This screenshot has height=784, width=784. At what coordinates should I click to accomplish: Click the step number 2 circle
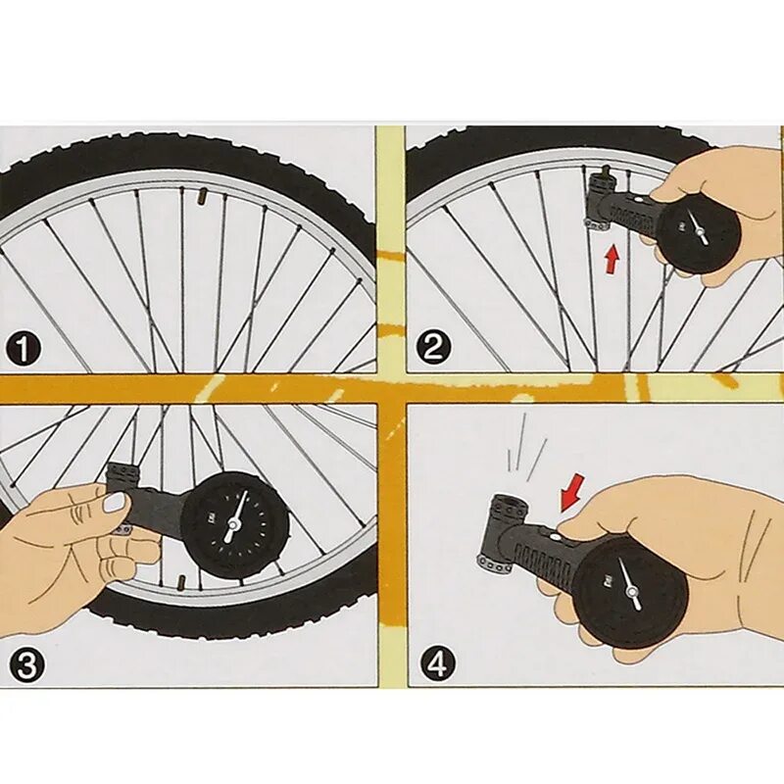point(433,347)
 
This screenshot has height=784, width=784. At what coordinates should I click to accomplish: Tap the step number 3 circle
point(27,665)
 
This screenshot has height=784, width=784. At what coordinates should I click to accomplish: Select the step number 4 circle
point(437,665)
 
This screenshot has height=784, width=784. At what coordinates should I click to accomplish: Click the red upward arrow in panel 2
point(612,259)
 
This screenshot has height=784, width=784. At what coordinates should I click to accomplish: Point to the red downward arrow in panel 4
point(570,491)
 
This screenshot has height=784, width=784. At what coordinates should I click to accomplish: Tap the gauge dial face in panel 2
point(698,232)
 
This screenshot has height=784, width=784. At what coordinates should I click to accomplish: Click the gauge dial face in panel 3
point(232,525)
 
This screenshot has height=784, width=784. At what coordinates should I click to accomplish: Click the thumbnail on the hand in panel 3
point(116,503)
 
